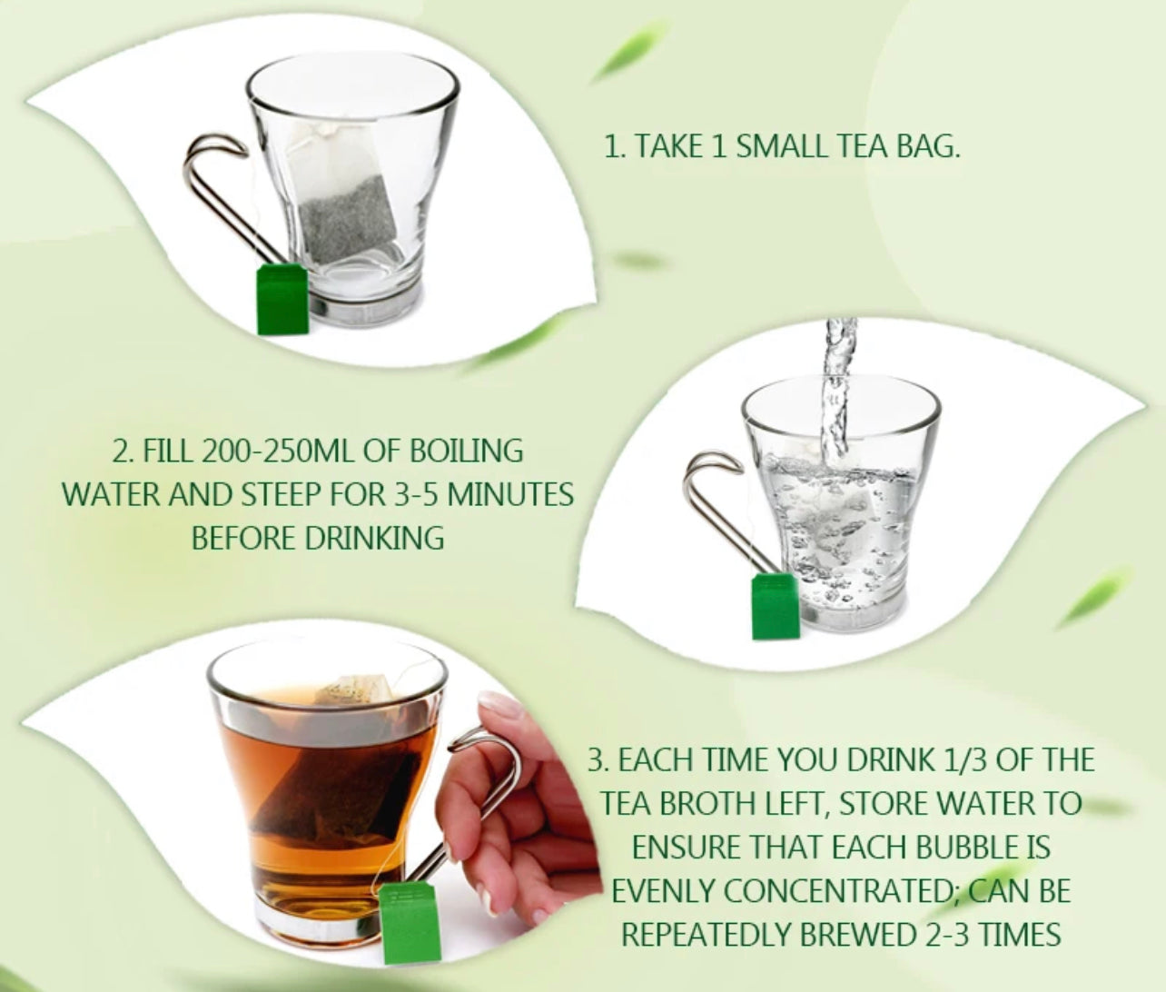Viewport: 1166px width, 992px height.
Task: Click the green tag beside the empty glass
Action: (282, 299)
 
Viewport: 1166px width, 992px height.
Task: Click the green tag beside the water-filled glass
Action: (776, 604)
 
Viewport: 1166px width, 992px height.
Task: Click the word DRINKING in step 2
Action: (374, 538)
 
